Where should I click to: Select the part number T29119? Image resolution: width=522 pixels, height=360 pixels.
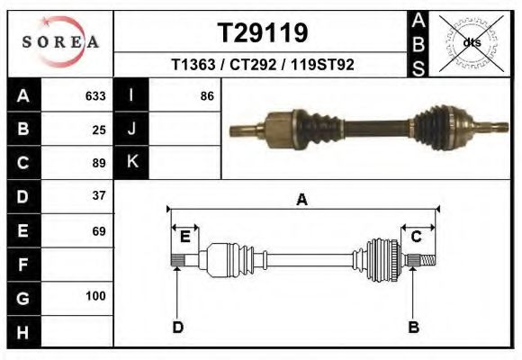point(263,33)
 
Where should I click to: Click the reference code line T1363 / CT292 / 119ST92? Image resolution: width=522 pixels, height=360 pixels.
point(263,65)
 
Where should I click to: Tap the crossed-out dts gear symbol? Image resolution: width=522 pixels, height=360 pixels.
point(472,42)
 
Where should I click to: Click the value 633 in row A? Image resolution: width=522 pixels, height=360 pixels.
point(95,95)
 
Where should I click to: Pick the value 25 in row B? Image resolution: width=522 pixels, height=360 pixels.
point(99,129)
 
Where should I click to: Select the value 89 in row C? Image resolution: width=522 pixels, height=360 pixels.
point(99,163)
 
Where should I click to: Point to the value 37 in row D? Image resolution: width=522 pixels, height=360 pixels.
point(99,195)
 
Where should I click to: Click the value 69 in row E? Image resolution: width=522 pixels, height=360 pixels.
point(99,231)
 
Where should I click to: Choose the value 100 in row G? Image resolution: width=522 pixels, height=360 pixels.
point(95,296)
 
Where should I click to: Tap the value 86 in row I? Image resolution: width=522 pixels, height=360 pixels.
point(207,95)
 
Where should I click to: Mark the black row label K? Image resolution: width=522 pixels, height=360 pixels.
point(131,162)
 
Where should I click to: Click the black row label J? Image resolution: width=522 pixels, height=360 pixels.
point(131,129)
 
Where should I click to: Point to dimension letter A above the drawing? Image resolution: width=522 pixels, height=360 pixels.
point(301,201)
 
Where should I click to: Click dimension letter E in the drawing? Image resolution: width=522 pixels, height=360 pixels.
point(184,237)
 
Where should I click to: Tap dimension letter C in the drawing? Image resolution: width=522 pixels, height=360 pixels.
point(417,237)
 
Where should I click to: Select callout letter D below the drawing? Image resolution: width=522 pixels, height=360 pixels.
point(177,327)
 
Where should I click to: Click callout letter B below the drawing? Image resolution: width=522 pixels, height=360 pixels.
point(414,327)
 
